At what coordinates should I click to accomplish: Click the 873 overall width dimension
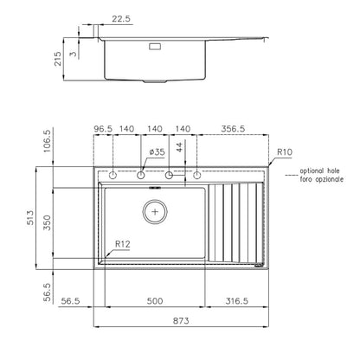point(181,321)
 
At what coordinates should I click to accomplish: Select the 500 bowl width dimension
point(155,301)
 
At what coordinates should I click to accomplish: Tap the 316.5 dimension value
point(236,301)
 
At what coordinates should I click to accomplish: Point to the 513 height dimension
point(30,218)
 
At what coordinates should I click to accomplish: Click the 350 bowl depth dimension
point(47,222)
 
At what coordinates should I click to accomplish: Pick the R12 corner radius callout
point(123,244)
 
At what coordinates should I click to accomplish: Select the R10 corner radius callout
point(285,152)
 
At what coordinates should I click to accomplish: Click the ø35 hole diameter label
point(157,152)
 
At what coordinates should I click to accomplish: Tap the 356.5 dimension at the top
point(233,129)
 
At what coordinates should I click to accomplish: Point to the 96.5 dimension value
point(103,129)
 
